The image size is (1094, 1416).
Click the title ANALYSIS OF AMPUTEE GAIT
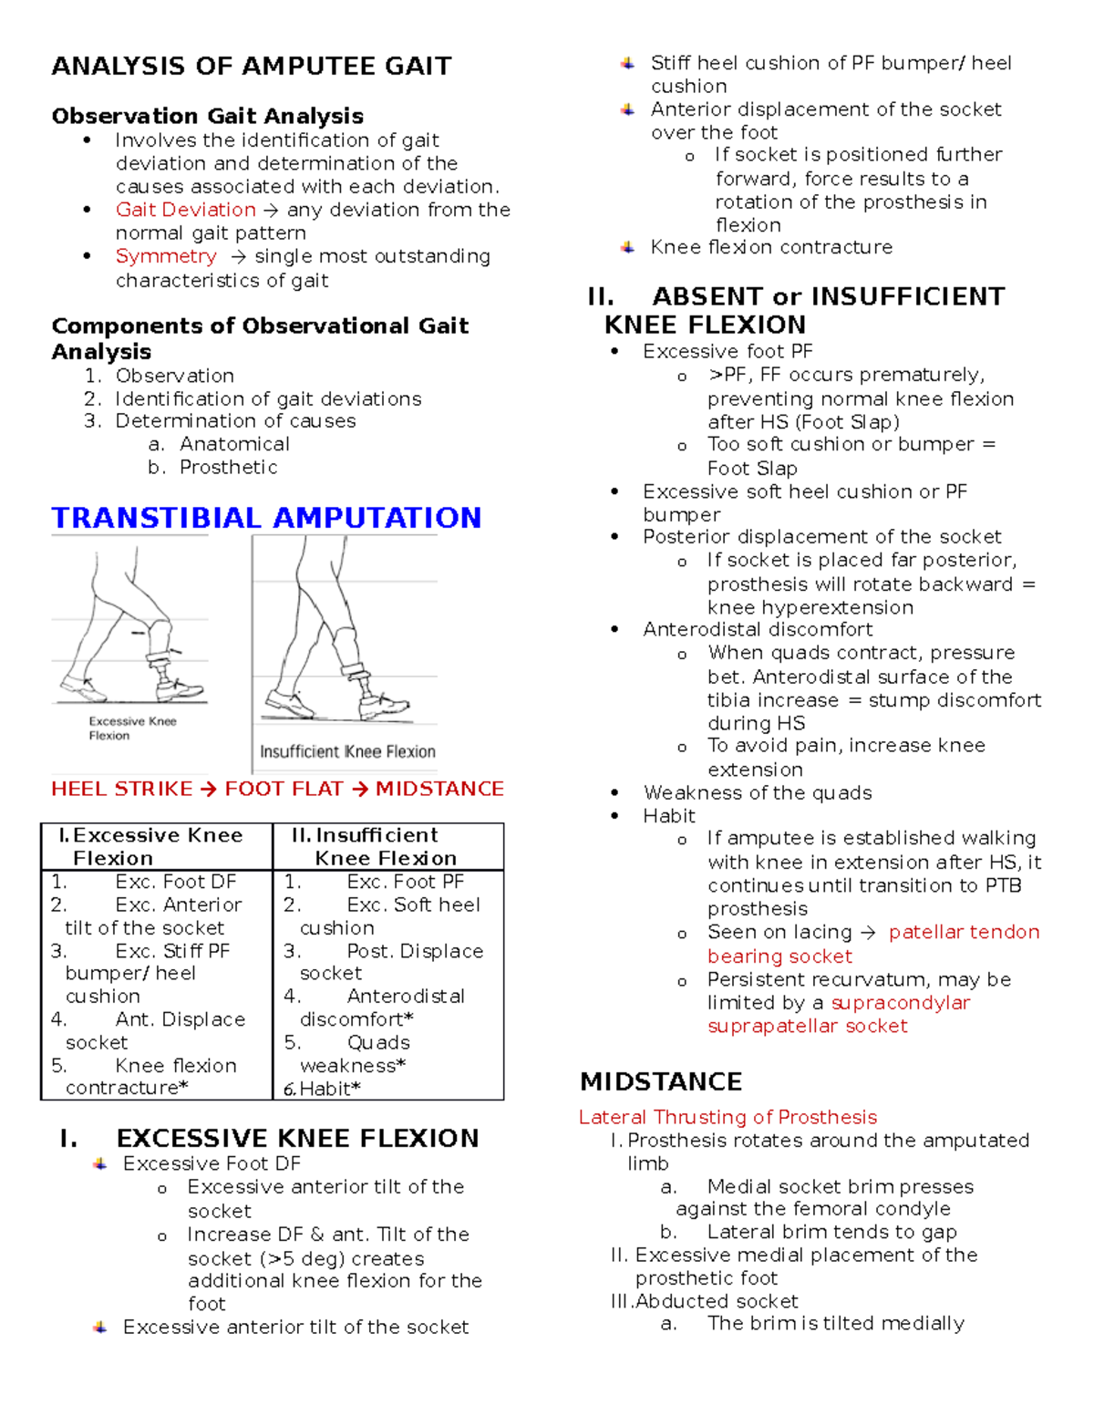coord(252,67)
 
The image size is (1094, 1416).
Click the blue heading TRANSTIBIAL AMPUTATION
coord(266,518)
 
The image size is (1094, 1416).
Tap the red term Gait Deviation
coord(185,210)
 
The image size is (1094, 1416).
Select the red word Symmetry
coord(166,256)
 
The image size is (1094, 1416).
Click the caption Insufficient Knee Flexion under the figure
coord(347,751)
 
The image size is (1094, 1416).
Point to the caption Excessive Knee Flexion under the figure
coord(132,728)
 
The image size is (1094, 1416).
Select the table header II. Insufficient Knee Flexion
coord(386,846)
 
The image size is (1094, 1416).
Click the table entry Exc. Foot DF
coord(176,882)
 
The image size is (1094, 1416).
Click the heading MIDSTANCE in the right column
coord(661,1082)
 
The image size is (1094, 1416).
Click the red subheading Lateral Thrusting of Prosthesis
coord(728,1117)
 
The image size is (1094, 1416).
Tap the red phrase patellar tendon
coord(964,932)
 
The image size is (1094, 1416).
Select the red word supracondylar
coord(901,1003)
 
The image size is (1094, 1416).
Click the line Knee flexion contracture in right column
coord(771,247)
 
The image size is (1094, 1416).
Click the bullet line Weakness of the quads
coord(758,792)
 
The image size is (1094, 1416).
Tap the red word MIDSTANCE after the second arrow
coord(439,789)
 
